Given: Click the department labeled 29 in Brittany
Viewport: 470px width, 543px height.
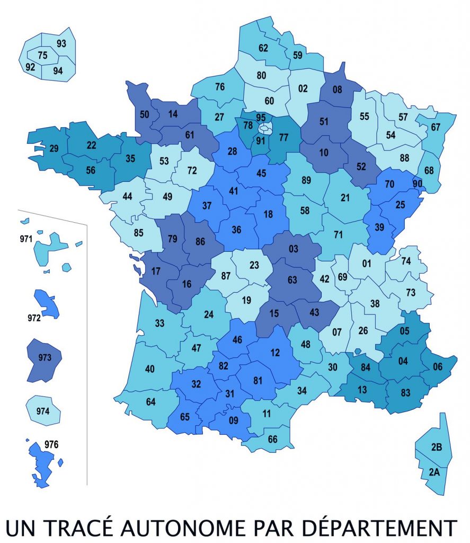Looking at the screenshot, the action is tap(53, 148).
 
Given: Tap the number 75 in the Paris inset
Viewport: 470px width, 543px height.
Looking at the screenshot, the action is tap(42, 55).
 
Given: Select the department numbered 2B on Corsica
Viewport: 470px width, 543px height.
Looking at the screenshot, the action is tap(437, 446).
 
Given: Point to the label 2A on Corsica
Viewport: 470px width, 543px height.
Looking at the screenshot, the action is tap(434, 471).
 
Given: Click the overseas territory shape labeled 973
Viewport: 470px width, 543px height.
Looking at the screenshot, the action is tap(45, 358).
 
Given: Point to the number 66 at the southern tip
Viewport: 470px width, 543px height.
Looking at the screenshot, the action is tap(272, 439).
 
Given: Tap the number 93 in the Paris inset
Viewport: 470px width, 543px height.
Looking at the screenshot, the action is tap(61, 43).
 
